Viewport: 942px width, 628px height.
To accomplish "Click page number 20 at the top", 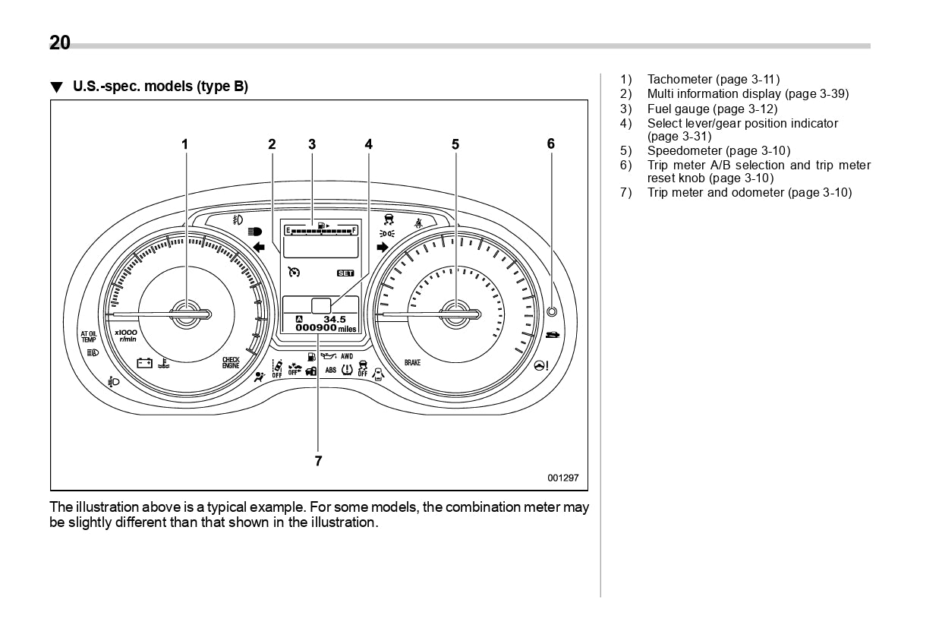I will click(60, 43).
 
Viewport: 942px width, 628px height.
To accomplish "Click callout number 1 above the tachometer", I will click(184, 144).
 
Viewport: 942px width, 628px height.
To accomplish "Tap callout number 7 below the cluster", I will click(318, 460).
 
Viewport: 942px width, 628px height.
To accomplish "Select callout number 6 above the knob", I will click(551, 144).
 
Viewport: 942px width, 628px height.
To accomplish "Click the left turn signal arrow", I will click(259, 247).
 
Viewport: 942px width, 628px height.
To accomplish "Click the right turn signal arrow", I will click(382, 247).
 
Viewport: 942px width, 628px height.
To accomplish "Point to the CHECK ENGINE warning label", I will click(231, 363).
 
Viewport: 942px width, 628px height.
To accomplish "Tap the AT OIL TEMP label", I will click(89, 336).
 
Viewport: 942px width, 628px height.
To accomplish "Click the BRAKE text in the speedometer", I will click(412, 363).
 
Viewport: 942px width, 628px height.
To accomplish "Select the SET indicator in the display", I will click(345, 272).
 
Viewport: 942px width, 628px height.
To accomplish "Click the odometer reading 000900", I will click(317, 328).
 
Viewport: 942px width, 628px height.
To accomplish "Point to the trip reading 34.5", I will click(334, 319).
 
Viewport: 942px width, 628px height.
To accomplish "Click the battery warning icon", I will click(145, 363).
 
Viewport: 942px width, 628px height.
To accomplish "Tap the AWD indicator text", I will click(347, 355).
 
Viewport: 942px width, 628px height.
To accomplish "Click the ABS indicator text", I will click(331, 370).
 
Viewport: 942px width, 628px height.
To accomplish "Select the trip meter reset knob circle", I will click(551, 311).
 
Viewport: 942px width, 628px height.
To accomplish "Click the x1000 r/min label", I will click(126, 335).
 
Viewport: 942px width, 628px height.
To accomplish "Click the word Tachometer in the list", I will click(679, 79).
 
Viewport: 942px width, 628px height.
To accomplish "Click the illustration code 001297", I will click(563, 478).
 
